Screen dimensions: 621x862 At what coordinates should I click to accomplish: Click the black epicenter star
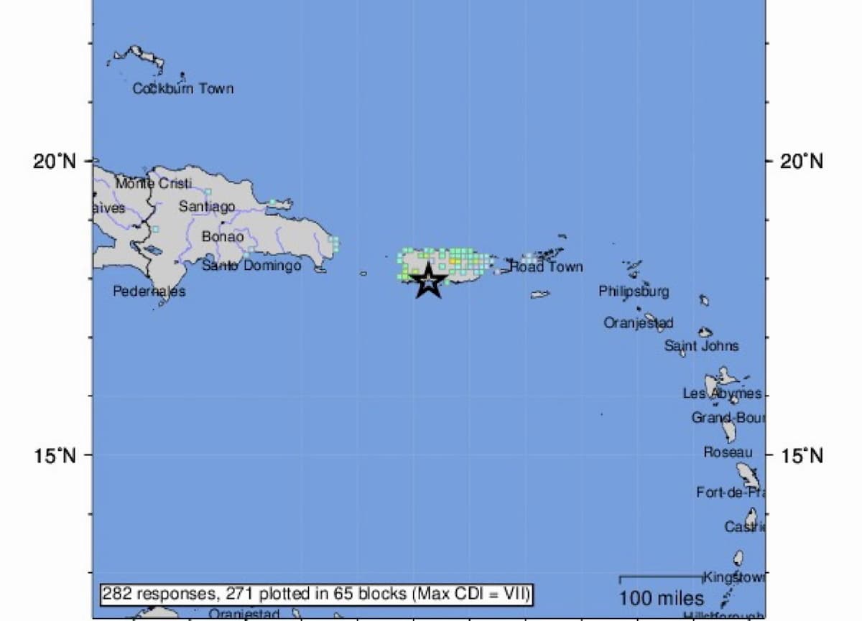pos(428,281)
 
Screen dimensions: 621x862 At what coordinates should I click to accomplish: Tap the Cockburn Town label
pos(183,89)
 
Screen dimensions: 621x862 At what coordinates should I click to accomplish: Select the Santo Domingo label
pos(251,266)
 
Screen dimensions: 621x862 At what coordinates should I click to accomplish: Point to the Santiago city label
pos(207,207)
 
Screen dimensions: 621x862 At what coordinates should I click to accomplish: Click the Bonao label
pos(223,236)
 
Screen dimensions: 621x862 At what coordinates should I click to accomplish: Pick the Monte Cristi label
pos(154,183)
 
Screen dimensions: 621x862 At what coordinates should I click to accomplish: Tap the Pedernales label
pos(149,291)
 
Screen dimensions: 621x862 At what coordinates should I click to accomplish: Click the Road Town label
pos(546,267)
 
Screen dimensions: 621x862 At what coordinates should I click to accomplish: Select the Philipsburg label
pos(634,291)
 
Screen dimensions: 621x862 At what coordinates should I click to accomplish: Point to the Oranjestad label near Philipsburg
pos(638,323)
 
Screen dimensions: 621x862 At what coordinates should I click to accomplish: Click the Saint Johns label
pos(701,346)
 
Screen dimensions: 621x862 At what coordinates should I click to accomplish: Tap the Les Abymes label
pos(721,393)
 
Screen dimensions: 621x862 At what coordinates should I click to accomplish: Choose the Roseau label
pos(728,452)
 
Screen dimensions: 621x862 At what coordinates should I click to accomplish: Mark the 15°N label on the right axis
pos(802,455)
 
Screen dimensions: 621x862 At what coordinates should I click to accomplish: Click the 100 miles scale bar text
pos(661,598)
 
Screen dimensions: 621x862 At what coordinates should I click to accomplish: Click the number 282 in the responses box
pos(115,594)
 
